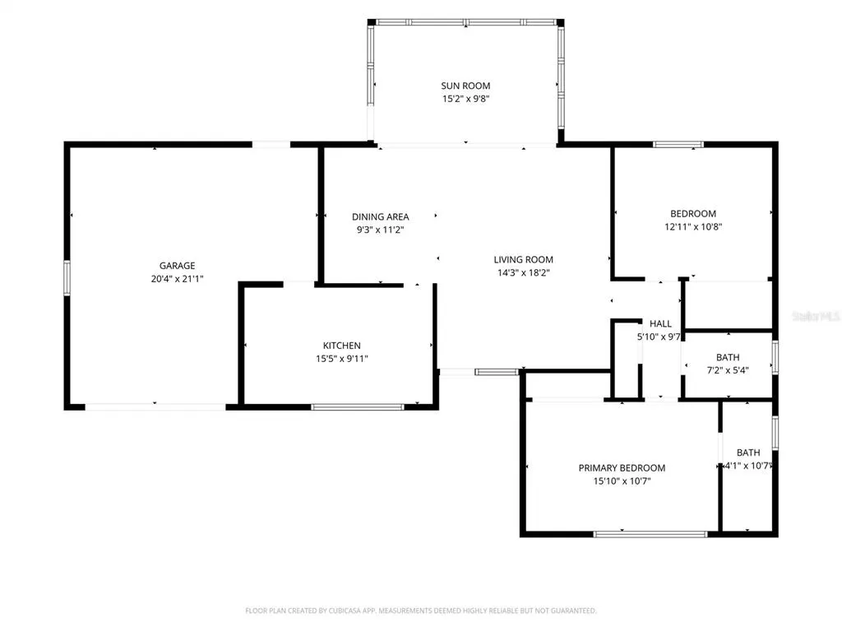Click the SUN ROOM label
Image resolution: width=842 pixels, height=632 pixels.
tap(465, 86)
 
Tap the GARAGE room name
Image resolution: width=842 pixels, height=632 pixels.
tap(178, 266)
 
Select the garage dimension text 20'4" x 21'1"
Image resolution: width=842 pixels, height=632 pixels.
tap(178, 278)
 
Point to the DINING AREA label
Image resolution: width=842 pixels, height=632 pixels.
tap(380, 216)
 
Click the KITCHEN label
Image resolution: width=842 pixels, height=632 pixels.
tap(341, 346)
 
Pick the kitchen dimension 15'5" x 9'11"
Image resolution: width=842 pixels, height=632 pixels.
tap(341, 359)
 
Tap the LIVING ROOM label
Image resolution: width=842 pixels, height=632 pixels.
tap(524, 259)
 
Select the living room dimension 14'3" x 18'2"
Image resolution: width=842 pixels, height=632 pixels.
tap(524, 272)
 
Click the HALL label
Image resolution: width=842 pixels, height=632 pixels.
tap(660, 323)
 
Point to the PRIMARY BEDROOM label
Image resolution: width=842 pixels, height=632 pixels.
tap(622, 468)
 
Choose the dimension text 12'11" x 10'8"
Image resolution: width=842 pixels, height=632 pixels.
tap(693, 227)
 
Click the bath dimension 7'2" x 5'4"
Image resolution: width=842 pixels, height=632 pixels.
tap(728, 369)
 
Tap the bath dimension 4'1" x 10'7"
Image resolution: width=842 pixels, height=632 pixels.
tap(748, 466)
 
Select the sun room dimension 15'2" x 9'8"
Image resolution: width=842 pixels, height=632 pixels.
tap(465, 99)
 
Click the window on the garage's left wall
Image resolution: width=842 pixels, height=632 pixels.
tap(67, 278)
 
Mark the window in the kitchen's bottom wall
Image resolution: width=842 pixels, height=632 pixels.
tap(358, 407)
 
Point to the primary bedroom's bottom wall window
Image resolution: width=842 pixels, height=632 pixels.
tap(650, 533)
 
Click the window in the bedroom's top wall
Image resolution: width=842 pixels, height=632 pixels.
tap(678, 144)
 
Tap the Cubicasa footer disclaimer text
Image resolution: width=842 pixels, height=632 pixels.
tap(420, 611)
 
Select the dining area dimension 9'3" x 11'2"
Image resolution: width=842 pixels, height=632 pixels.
tap(380, 230)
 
